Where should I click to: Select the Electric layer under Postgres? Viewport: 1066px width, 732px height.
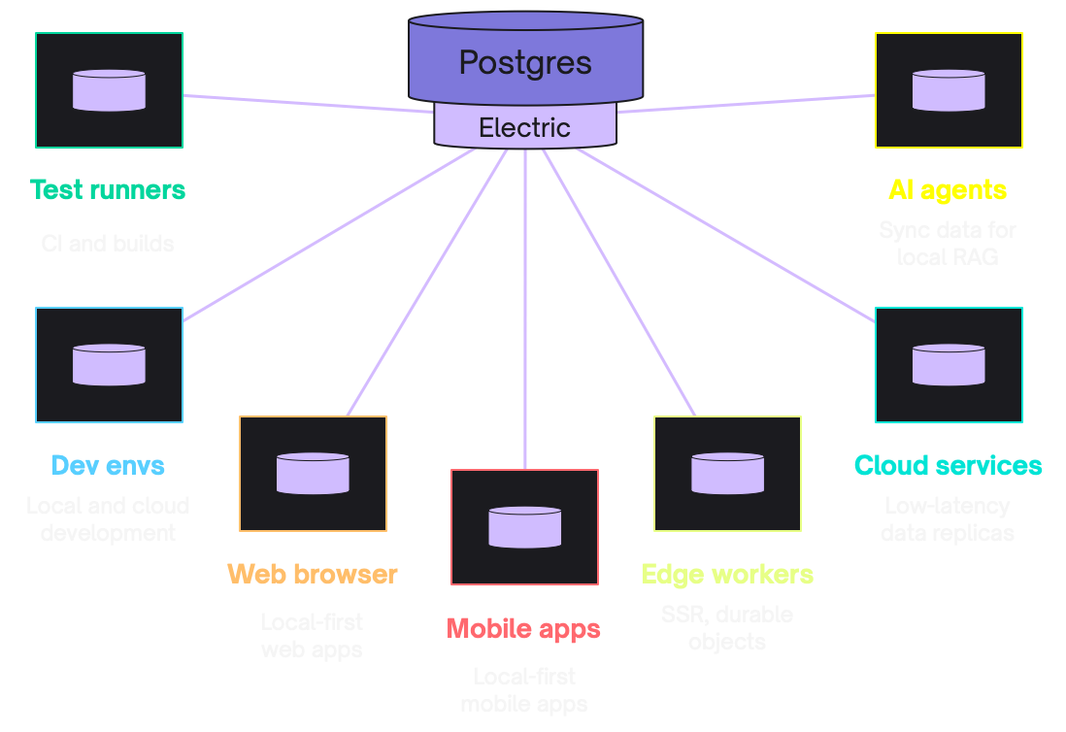(x=525, y=127)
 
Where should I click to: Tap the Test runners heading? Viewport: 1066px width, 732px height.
(x=108, y=189)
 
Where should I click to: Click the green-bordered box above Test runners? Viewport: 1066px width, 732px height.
(x=109, y=90)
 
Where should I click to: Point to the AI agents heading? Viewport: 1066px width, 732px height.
(x=948, y=189)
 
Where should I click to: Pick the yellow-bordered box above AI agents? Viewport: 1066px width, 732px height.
(x=949, y=90)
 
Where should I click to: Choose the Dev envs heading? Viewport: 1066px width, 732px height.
(x=108, y=465)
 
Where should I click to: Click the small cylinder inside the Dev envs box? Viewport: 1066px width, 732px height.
(x=109, y=364)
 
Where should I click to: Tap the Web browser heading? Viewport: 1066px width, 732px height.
(x=313, y=574)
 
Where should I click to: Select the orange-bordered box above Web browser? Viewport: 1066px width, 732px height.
(x=313, y=474)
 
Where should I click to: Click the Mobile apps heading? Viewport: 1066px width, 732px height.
(x=524, y=628)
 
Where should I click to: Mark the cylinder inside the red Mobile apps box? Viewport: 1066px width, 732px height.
(x=524, y=526)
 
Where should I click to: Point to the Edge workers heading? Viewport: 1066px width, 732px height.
(x=727, y=574)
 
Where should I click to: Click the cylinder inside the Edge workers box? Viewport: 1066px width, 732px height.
(x=727, y=473)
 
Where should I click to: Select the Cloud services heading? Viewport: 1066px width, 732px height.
(x=949, y=465)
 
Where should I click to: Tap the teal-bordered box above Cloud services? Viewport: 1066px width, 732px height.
(x=949, y=365)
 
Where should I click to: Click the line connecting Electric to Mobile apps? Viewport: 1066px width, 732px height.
(x=524, y=311)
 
